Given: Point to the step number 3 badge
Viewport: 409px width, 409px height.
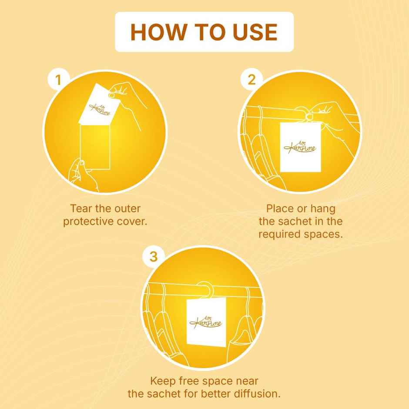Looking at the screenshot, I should click(x=154, y=257).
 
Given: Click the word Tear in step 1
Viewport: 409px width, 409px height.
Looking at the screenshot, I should click(x=80, y=208).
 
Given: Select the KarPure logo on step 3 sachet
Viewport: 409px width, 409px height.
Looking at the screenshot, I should click(x=205, y=321).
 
